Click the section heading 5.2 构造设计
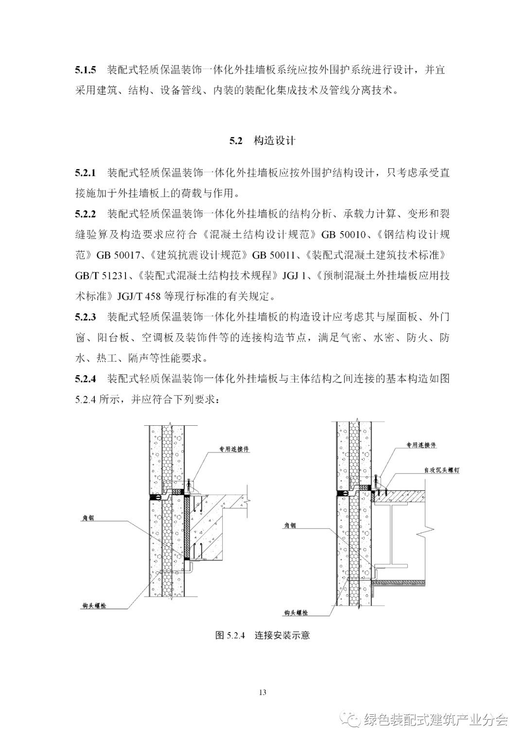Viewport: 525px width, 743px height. [262, 141]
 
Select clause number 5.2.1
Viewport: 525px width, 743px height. [86, 173]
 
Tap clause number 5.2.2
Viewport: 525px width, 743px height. [86, 214]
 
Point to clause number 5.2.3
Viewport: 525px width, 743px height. [86, 317]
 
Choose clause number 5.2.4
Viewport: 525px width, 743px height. [86, 379]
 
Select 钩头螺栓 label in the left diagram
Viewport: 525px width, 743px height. [94, 606]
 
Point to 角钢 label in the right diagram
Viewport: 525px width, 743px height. [290, 526]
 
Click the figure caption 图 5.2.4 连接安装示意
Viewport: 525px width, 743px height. [262, 635]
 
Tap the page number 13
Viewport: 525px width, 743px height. [262, 692]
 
